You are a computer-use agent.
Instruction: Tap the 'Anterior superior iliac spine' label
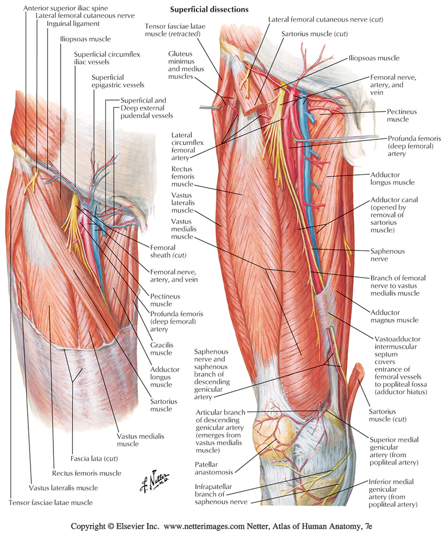click(x=63, y=7)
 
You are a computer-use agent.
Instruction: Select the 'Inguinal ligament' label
click(x=73, y=24)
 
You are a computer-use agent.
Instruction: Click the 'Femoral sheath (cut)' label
click(x=167, y=251)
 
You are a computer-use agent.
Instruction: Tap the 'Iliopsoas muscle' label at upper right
click(x=374, y=57)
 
